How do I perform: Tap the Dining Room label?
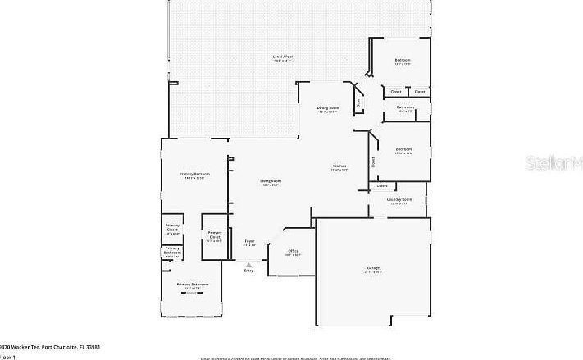[328, 108]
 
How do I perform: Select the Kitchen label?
[339, 166]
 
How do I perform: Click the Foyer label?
[249, 241]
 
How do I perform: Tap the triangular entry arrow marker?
[249, 264]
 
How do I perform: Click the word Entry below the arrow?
[249, 271]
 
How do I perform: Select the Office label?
[293, 251]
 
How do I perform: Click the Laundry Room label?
[399, 199]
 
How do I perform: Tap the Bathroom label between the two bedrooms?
[405, 107]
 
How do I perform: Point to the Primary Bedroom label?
[195, 174]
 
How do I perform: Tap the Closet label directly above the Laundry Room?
[382, 186]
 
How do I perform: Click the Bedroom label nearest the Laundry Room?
[403, 149]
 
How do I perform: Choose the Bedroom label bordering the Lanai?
[402, 61]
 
